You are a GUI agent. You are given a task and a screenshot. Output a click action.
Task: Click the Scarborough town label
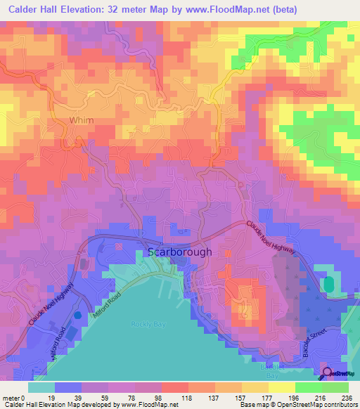(179, 252)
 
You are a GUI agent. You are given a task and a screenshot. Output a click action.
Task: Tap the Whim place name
(81, 120)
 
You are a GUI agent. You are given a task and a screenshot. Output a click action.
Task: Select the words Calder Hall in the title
(37, 9)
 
